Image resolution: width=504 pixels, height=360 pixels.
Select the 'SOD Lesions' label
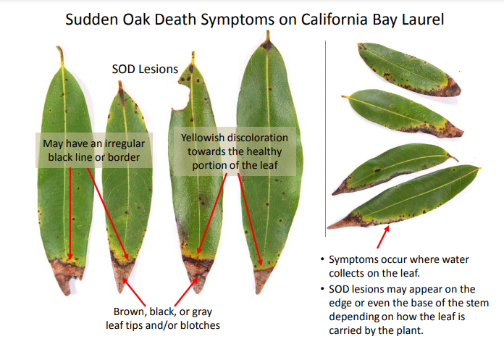tap(145, 70)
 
